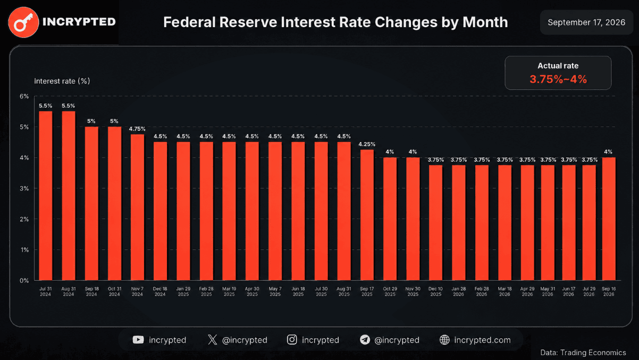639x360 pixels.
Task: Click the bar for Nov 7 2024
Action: pos(137,207)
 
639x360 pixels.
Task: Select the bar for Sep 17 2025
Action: pos(367,215)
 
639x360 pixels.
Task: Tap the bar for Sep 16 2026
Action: pos(609,219)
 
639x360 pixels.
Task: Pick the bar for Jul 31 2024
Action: pos(46,196)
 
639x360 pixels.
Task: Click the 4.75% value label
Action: pos(137,129)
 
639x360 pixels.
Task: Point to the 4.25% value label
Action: pos(367,144)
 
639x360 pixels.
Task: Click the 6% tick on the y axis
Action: pos(24,96)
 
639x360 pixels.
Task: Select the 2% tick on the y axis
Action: pos(24,220)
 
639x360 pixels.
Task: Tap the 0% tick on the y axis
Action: pos(24,281)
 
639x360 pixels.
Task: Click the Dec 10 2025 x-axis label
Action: pos(435,291)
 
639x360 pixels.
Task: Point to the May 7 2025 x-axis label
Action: pos(275,291)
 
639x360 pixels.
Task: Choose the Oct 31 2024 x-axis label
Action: pos(114,291)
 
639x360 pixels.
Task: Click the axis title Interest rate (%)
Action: pos(62,81)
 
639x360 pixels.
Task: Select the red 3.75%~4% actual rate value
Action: pos(558,79)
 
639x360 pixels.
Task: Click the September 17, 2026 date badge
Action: pos(586,22)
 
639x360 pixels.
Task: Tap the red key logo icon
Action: pos(23,22)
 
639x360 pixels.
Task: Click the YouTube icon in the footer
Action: pos(138,340)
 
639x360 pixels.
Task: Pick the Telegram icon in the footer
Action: pos(365,340)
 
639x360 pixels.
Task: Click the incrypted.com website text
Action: pos(482,340)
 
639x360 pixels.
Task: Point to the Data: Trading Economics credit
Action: pos(583,353)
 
